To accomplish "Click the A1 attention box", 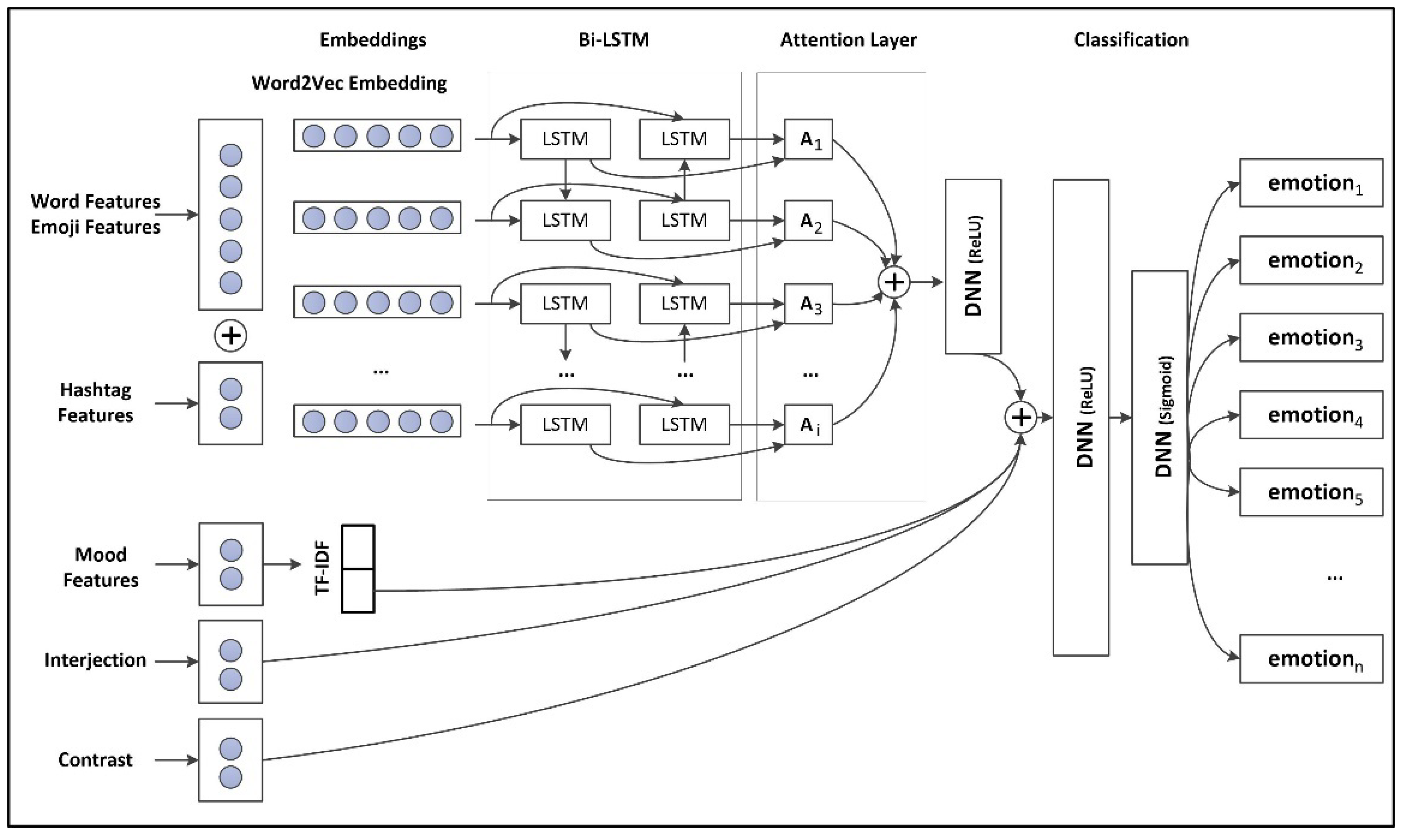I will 808,139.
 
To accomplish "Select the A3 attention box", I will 808,304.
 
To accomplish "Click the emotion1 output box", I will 1311,183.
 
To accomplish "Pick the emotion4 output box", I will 1311,415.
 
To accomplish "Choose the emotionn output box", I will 1311,659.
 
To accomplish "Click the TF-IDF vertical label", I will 322,569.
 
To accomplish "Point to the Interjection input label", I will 95,660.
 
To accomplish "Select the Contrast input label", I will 95,760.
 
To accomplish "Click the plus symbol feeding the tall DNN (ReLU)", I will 1020,417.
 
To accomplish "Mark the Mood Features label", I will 100,567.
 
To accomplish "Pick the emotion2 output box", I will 1311,260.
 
